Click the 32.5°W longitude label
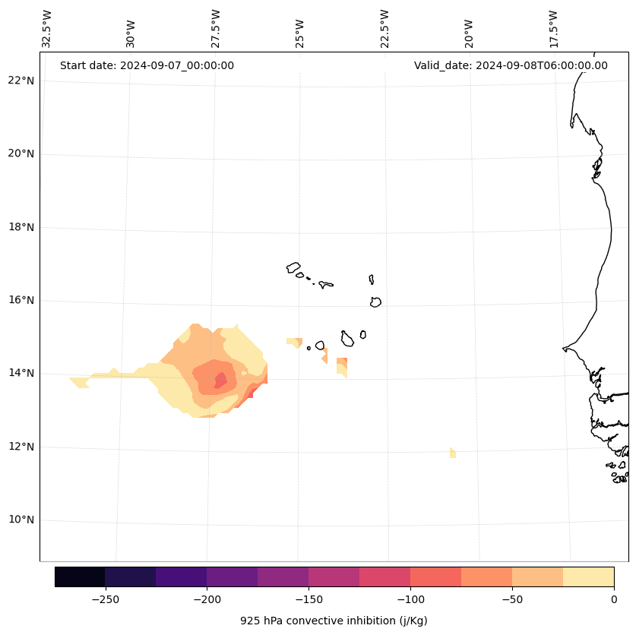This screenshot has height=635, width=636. (x=47, y=29)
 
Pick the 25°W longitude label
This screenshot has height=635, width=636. (x=300, y=33)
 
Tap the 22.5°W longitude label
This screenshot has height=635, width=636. (x=384, y=29)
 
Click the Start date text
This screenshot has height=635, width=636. (x=147, y=65)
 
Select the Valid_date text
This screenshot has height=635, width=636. (x=511, y=65)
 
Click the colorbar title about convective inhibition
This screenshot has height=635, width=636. (x=334, y=621)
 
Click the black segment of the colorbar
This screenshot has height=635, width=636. (x=80, y=577)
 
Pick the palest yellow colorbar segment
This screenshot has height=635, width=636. (x=588, y=577)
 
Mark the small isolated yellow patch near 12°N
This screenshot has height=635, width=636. (x=453, y=453)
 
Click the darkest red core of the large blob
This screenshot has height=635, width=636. (x=220, y=379)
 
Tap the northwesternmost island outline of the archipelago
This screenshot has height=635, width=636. (x=293, y=267)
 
